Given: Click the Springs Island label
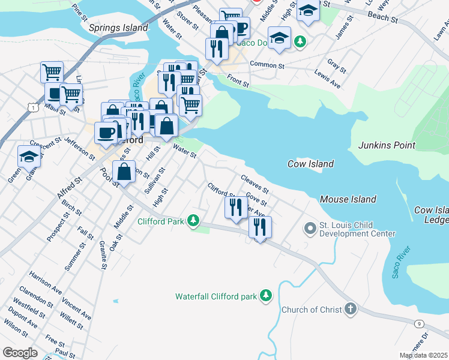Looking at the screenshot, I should [118, 28].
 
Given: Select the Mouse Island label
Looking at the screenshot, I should [348, 199].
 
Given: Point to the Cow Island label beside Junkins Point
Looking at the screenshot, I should [310, 164].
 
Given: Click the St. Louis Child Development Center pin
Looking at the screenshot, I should [310, 228].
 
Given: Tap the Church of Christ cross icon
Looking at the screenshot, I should [350, 310].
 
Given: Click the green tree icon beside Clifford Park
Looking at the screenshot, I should [193, 221].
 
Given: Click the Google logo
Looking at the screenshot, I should [20, 353].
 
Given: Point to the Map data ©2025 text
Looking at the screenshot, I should [423, 355].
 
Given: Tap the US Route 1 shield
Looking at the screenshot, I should [32, 107].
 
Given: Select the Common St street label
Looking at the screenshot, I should [267, 65].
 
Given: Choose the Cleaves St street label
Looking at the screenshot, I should [254, 184].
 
